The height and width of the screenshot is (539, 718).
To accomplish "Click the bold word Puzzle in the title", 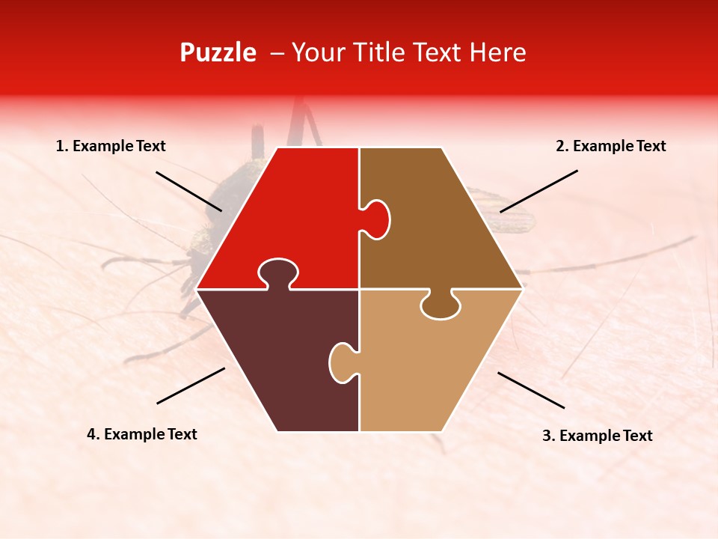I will [218, 52].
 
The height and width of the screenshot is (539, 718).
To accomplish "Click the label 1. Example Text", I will [111, 147].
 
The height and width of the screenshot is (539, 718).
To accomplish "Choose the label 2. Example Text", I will [610, 147].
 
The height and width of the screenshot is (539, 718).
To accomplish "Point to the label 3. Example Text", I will [597, 436].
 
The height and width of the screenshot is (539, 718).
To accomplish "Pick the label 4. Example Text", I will [142, 434].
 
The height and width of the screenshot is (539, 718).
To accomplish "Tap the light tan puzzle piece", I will [434, 367].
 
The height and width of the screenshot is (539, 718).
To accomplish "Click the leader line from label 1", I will [188, 191].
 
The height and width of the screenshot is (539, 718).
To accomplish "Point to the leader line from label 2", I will [538, 191].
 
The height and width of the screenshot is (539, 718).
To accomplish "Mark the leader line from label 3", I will [531, 390].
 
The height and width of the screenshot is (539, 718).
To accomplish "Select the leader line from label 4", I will [191, 386].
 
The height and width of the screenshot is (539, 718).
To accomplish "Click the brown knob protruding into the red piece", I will [378, 219].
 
